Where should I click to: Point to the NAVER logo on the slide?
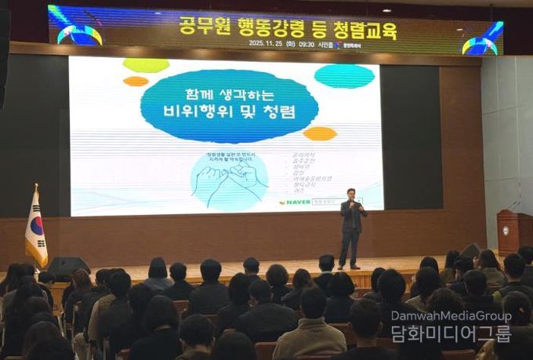click(294, 202)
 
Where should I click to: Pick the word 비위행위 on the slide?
click(210, 111)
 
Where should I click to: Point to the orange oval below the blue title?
click(319, 133)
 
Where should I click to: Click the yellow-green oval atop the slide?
click(146, 65)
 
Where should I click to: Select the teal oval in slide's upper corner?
click(344, 75)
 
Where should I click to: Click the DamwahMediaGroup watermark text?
click(451, 316)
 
